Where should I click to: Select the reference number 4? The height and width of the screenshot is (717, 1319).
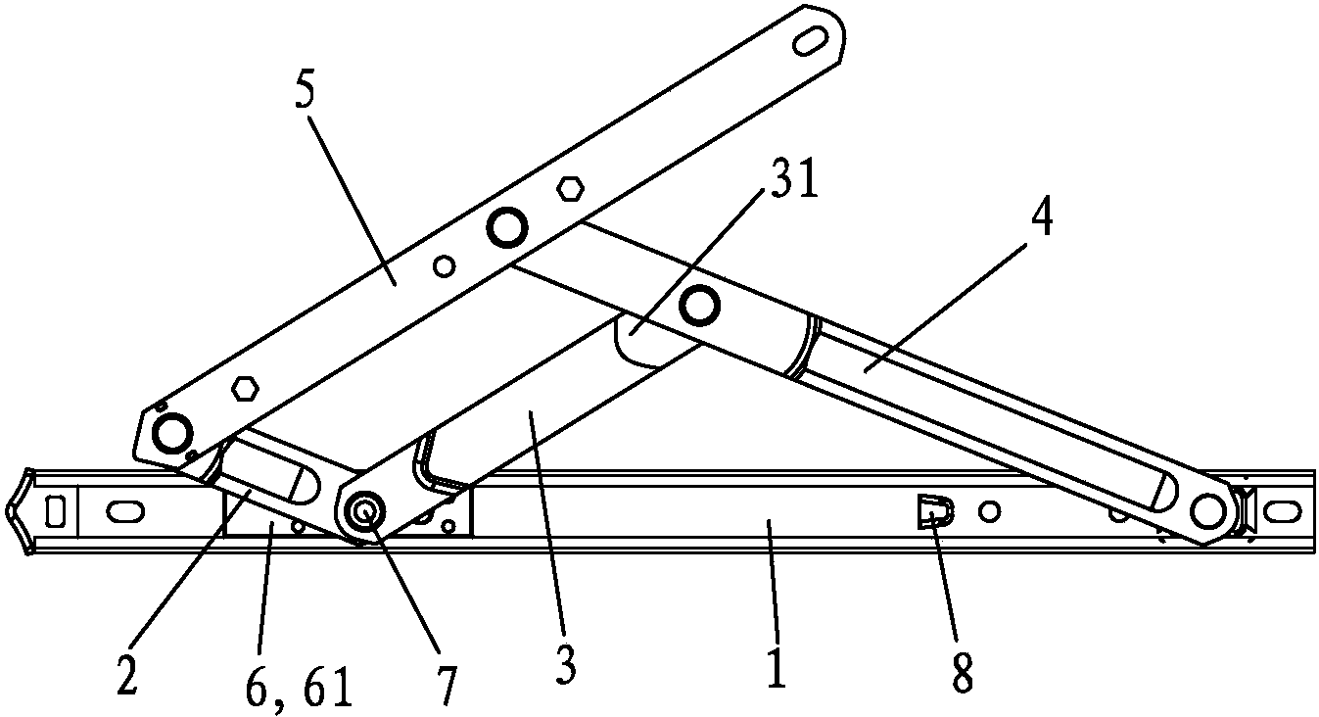pyautogui.click(x=1042, y=218)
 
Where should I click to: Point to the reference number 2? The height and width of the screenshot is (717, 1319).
pyautogui.click(x=127, y=673)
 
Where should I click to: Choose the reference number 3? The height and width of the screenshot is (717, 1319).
pyautogui.click(x=564, y=663)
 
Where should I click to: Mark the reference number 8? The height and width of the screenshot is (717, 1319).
pyautogui.click(x=963, y=672)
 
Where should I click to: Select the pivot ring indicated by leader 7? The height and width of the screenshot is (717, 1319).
pyautogui.click(x=365, y=511)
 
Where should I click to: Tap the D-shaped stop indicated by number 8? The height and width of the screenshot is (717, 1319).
pyautogui.click(x=934, y=510)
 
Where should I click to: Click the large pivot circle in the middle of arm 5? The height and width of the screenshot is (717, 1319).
pyautogui.click(x=506, y=227)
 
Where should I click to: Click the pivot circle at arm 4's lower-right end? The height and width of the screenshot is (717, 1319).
pyautogui.click(x=1208, y=510)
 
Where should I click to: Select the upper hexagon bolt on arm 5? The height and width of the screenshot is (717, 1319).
pyautogui.click(x=569, y=190)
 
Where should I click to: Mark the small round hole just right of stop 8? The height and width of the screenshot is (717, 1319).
pyautogui.click(x=989, y=510)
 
